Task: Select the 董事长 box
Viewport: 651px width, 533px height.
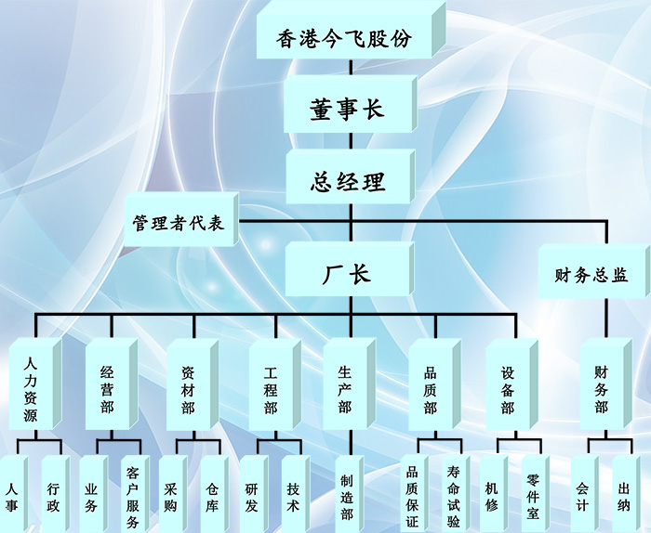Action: point(346,109)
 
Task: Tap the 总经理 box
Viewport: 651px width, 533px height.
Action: point(346,180)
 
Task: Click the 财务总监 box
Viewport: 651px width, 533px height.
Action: point(591,276)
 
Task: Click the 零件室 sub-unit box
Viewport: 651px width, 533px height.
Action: point(534,497)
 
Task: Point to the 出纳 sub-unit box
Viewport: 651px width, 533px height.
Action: point(624,497)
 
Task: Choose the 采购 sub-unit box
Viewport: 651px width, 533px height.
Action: point(171,497)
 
